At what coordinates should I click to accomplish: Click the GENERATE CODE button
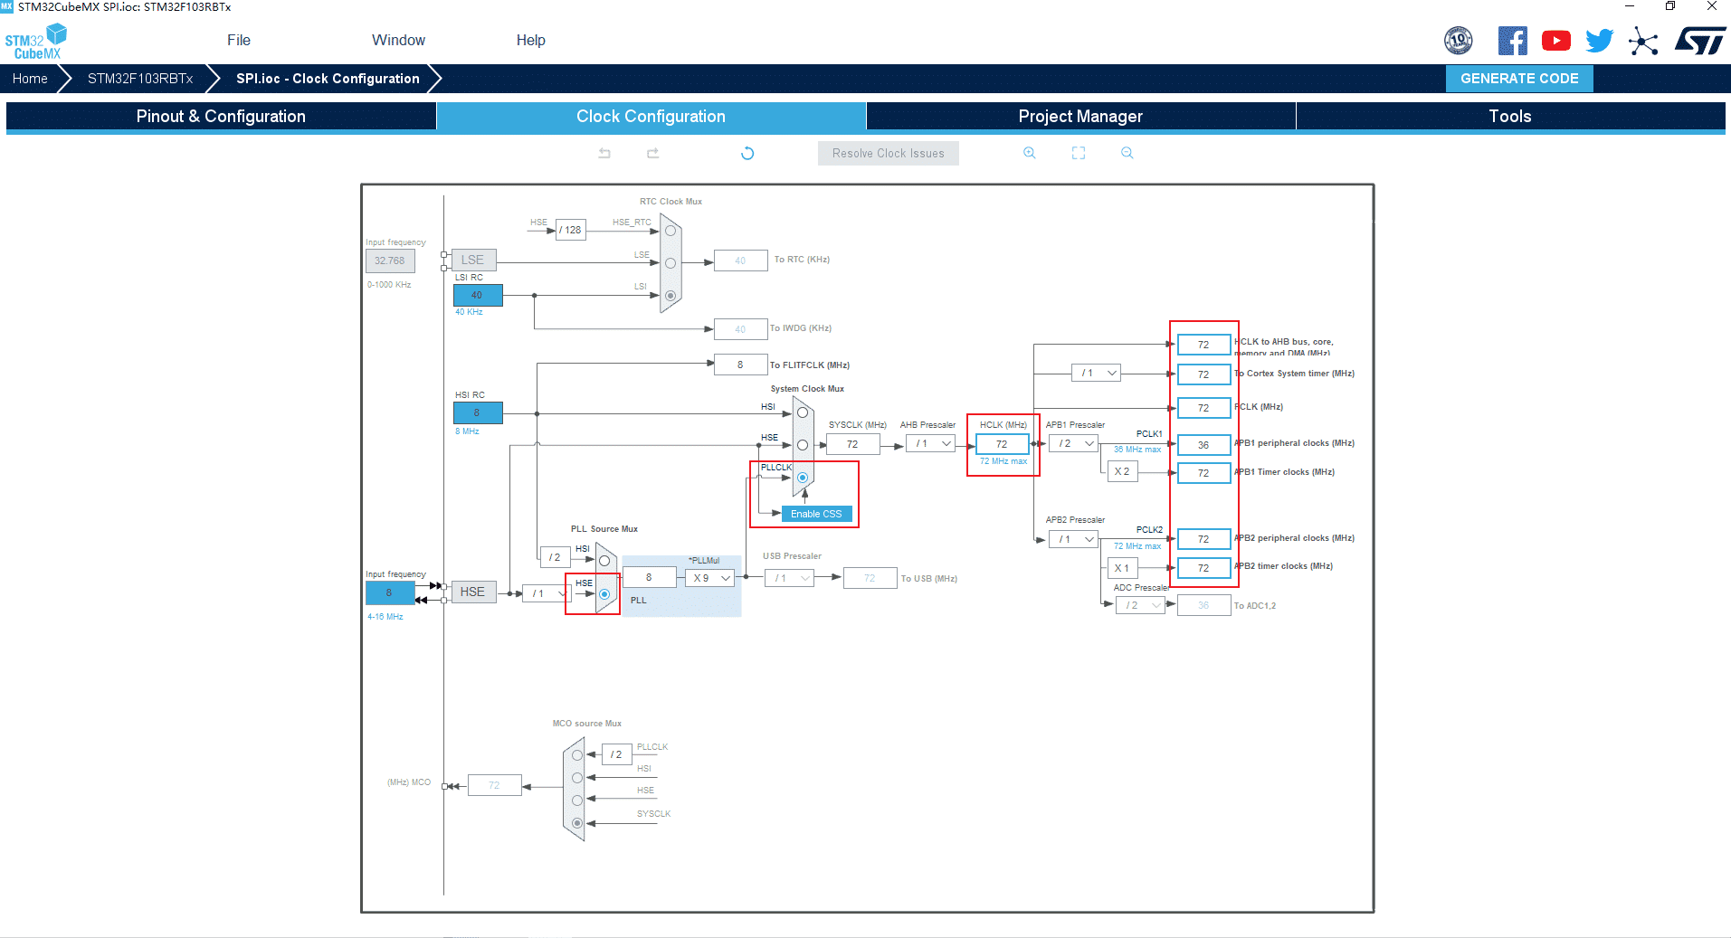point(1518,79)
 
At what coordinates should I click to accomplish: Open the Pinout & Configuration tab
point(221,116)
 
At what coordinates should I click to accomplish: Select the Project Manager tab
point(1079,116)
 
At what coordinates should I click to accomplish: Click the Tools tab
point(1509,116)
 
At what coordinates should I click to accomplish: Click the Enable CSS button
point(816,514)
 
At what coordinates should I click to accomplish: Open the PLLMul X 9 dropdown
point(710,578)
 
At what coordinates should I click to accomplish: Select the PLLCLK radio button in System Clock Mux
point(803,478)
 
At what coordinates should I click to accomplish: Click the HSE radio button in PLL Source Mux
point(604,594)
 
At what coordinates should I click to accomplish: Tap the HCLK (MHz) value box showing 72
point(1002,444)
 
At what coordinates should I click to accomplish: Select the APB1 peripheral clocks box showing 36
point(1203,445)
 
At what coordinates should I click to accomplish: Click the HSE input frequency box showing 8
point(389,592)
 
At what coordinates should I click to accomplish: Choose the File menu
point(239,40)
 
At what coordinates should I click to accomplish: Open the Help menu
point(530,40)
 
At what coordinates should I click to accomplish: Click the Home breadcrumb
point(30,79)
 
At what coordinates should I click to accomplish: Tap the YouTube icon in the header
point(1555,41)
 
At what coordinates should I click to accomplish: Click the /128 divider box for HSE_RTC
point(570,230)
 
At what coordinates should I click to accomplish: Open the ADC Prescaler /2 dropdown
point(1140,605)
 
